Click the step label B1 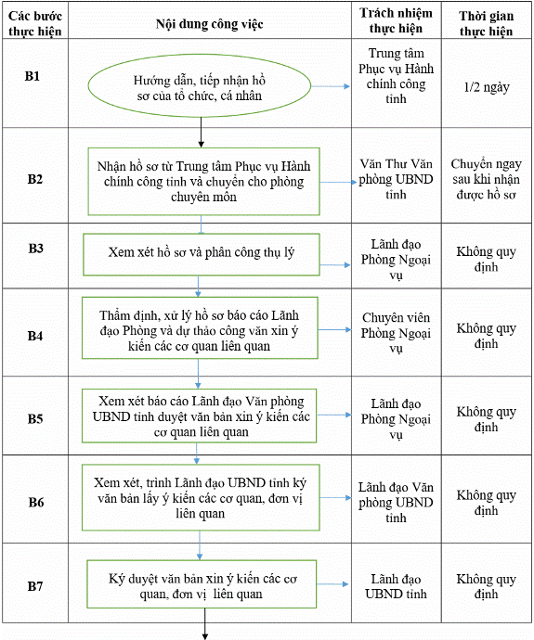click(x=33, y=76)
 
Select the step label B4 click(x=35, y=336)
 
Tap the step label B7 click(x=35, y=586)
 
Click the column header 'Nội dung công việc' click(x=210, y=24)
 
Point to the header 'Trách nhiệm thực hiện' click(x=396, y=20)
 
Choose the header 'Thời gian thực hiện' click(x=487, y=23)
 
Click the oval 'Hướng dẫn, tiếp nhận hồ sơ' click(x=200, y=85)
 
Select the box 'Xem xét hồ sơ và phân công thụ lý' click(x=202, y=254)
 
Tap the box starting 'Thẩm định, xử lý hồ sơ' click(x=200, y=327)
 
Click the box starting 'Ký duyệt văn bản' click(x=202, y=584)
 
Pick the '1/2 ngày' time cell click(x=487, y=87)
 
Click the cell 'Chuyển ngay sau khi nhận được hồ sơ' click(x=487, y=179)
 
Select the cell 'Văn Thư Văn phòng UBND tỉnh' click(x=396, y=179)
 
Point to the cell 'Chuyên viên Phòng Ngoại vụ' click(x=396, y=333)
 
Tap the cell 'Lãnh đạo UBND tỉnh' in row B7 click(x=396, y=586)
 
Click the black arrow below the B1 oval click(x=201, y=133)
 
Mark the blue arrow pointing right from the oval click(x=331, y=86)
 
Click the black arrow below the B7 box click(x=204, y=623)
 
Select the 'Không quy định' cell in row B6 click(x=487, y=503)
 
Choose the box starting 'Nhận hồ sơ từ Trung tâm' click(x=204, y=181)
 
